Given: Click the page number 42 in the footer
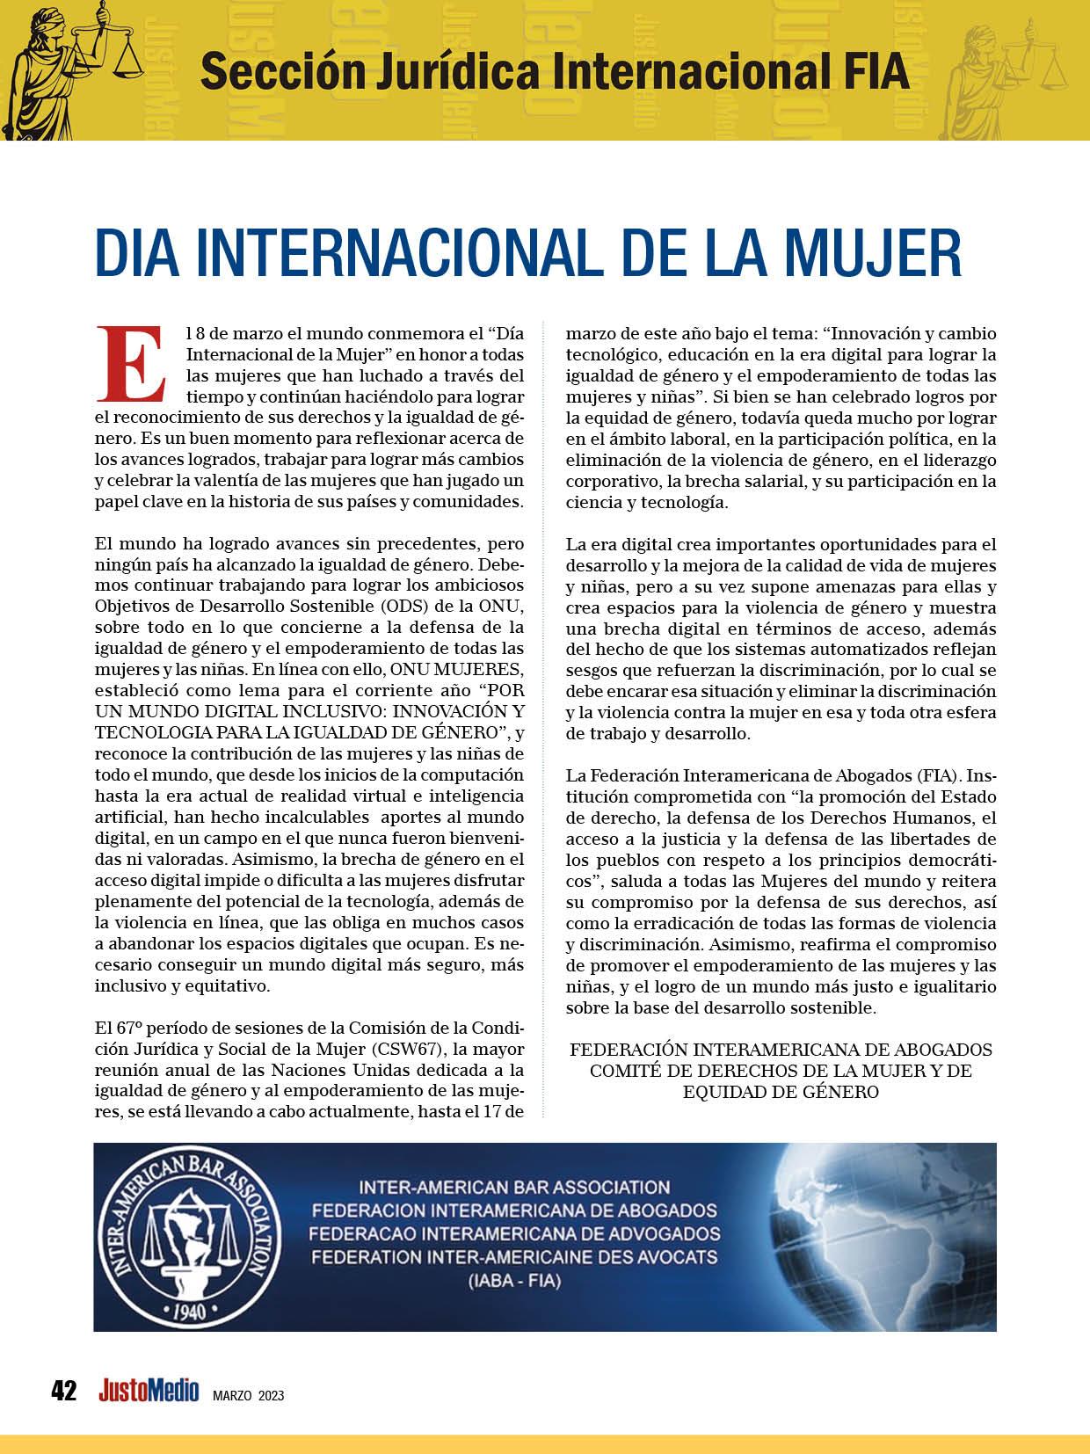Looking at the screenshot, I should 64,1391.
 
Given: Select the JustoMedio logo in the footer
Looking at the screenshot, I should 149,1391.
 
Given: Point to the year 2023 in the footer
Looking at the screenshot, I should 271,1395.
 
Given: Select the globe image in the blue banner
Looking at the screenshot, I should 879,1235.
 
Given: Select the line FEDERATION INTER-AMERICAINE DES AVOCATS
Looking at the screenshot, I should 514,1256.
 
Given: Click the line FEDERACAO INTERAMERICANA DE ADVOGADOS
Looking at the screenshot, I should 514,1233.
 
